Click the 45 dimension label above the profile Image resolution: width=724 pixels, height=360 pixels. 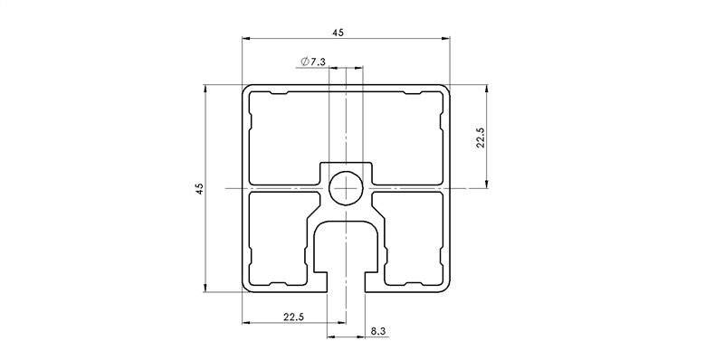point(338,33)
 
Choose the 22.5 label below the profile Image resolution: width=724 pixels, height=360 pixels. point(293,317)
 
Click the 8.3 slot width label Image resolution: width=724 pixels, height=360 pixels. point(378,332)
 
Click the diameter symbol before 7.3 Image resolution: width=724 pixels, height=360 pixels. point(302,62)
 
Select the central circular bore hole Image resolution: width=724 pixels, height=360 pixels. point(347,188)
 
